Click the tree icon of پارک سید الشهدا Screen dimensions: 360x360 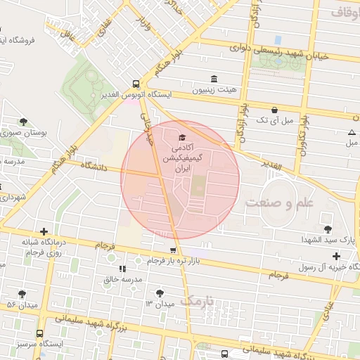pyautogui.click(x=328, y=229)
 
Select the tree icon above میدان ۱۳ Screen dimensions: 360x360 pyautogui.click(x=160, y=292)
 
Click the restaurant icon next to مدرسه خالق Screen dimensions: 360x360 pyautogui.click(x=123, y=268)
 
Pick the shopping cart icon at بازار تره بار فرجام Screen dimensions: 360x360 pyautogui.click(x=173, y=250)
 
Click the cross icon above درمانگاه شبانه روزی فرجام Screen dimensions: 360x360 pyautogui.click(x=44, y=231)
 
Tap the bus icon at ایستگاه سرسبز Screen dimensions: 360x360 pyautogui.click(x=39, y=333)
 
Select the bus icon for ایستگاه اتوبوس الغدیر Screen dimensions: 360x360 pyautogui.click(x=136, y=82)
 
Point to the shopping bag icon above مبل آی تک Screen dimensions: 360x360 pyautogui.click(x=274, y=110)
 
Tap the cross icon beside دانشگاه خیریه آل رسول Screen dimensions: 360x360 pyautogui.click(x=336, y=255)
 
